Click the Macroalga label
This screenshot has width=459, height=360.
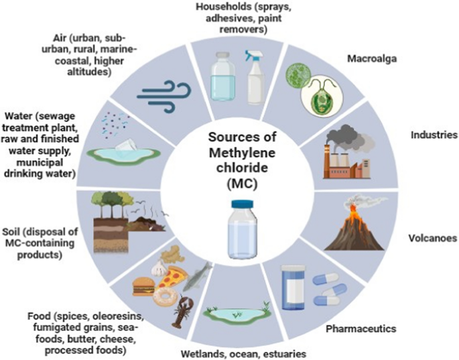(x=372, y=58)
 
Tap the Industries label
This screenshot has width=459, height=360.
(x=434, y=135)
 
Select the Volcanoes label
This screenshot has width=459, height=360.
(x=433, y=238)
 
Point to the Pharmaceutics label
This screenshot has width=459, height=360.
(x=361, y=328)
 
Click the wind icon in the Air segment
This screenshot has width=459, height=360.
(x=164, y=96)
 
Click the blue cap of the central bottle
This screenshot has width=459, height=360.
(x=242, y=204)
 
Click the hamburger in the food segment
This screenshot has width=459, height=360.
(x=143, y=286)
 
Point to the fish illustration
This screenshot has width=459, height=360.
(x=197, y=276)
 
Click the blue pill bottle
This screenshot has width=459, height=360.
(x=293, y=288)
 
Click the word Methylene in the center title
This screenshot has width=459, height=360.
(x=242, y=153)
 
